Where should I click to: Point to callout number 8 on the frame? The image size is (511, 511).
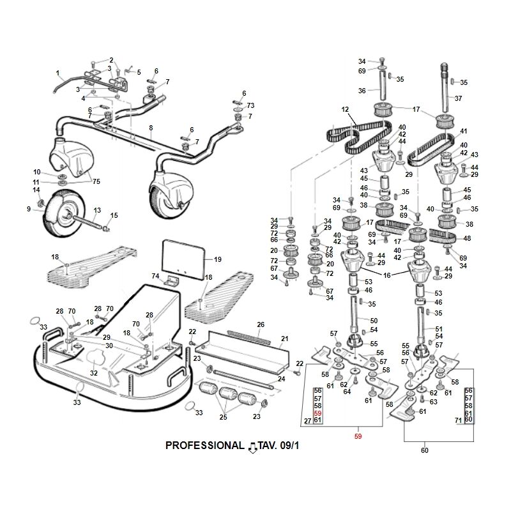pyautogui.click(x=151, y=128)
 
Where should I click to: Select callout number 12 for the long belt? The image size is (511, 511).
pyautogui.click(x=346, y=110)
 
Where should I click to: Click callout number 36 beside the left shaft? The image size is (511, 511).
pyautogui.click(x=362, y=91)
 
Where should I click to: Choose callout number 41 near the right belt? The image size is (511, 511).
pyautogui.click(x=464, y=131)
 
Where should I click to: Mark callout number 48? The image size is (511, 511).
pyautogui.click(x=467, y=239)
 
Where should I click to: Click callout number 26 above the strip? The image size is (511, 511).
pyautogui.click(x=260, y=324)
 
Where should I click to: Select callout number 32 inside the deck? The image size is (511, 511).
pyautogui.click(x=94, y=373)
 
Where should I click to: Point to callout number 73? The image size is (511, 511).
pyautogui.click(x=251, y=105)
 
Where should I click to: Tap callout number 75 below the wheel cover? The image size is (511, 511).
pyautogui.click(x=96, y=181)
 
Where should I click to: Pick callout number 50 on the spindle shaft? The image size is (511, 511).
pyautogui.click(x=374, y=320)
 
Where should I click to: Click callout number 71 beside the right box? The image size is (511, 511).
pyautogui.click(x=457, y=420)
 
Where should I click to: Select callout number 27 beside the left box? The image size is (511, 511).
pyautogui.click(x=307, y=420)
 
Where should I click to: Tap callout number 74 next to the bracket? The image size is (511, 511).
pyautogui.click(x=155, y=276)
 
